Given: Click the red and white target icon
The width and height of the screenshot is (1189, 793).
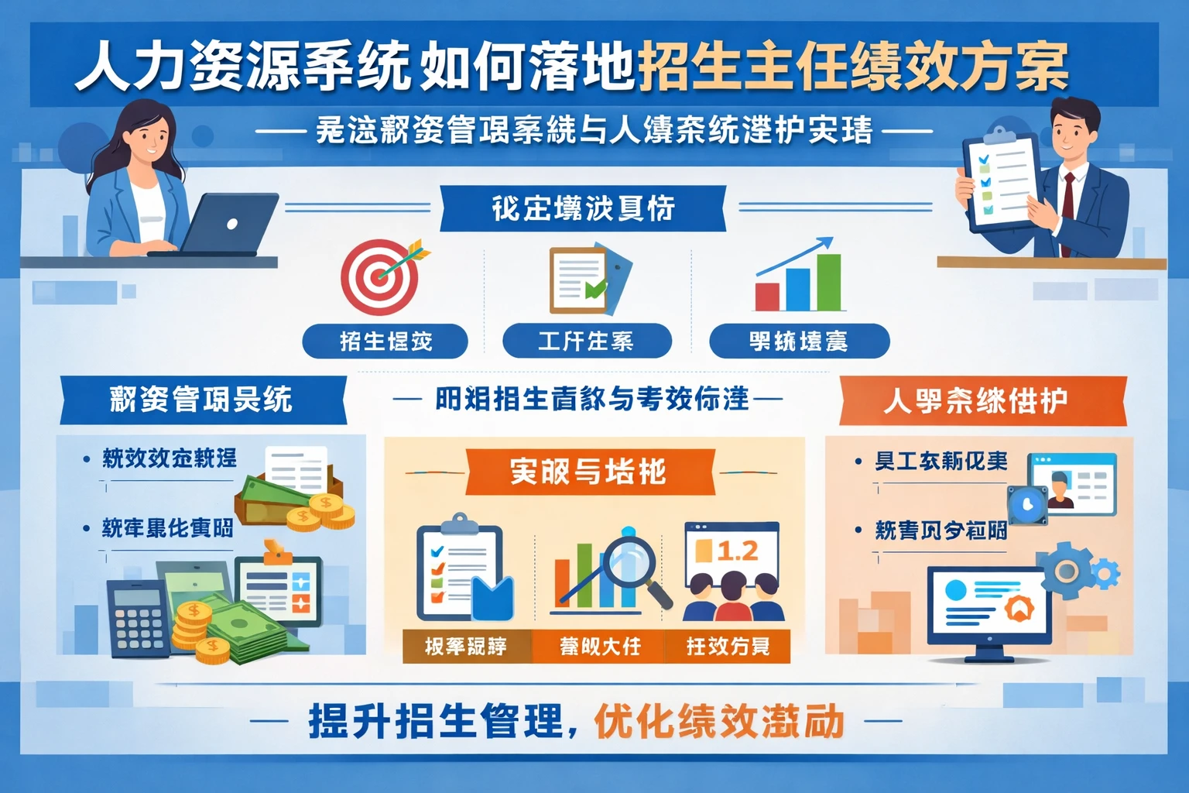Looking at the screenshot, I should pos(380,276).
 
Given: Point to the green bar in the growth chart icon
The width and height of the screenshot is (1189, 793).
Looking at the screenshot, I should pos(829,282).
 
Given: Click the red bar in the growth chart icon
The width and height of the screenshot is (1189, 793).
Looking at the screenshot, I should pos(767,297).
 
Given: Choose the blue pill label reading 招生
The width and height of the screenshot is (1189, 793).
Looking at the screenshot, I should pos(385,342).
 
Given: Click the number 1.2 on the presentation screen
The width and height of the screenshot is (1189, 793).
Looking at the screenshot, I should pos(737,551).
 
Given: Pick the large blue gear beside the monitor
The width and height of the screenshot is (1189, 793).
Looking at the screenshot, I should pos(1067,571).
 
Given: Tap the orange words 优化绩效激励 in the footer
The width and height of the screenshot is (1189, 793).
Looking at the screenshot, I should pos(719,722).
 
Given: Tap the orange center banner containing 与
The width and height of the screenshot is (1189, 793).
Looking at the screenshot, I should pos(588,472).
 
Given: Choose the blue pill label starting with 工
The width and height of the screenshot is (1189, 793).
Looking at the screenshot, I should pos(586,342).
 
